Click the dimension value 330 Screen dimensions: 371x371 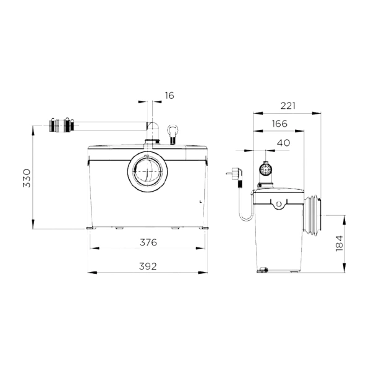click(x=27, y=178)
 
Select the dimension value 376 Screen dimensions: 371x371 click(x=148, y=242)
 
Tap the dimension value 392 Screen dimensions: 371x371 click(x=148, y=267)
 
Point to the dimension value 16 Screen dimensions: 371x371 click(x=169, y=96)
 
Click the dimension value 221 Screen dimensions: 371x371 click(x=288, y=106)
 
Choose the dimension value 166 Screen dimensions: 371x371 click(x=279, y=124)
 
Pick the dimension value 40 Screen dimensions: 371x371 click(x=283, y=143)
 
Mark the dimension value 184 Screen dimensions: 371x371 click(x=339, y=243)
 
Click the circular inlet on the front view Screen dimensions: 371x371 click(x=148, y=171)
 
